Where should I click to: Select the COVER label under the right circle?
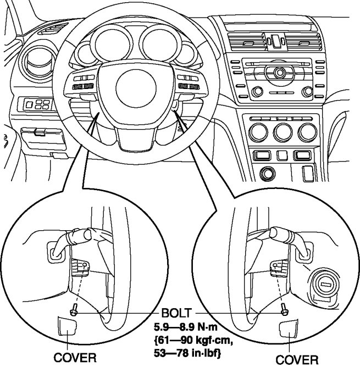296,359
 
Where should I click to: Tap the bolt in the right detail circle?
284,310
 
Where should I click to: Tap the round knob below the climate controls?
269,173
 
